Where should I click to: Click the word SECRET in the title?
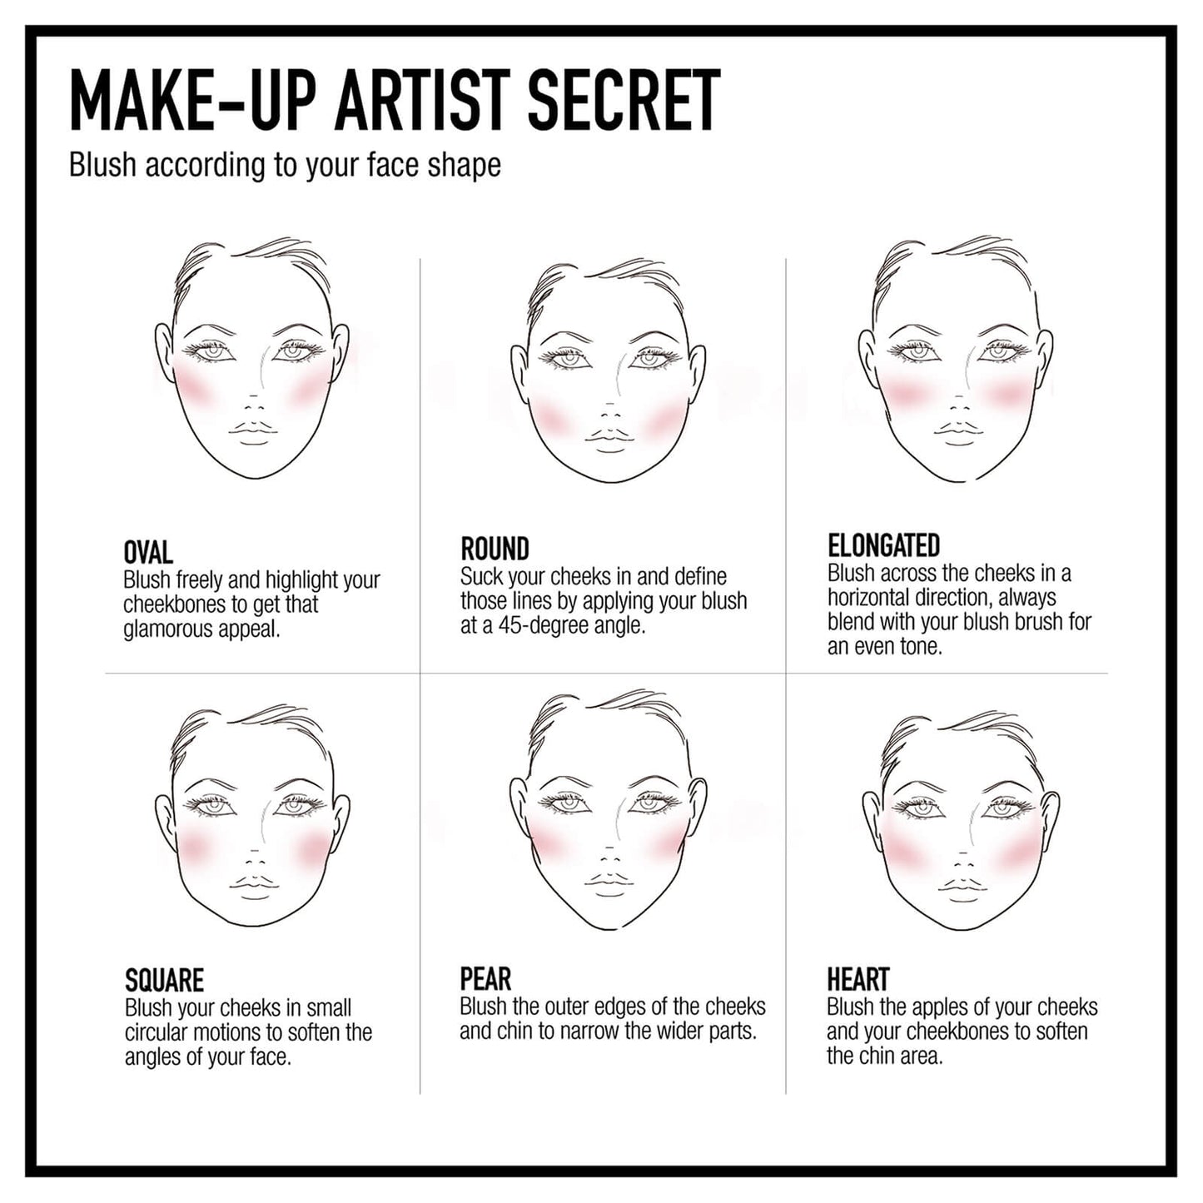point(624,101)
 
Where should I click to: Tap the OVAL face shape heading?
point(148,553)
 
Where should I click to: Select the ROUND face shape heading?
point(495,549)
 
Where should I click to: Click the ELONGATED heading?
point(883,546)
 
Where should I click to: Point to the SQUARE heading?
point(164,981)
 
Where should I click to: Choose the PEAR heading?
point(485,979)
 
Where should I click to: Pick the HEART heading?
point(858,979)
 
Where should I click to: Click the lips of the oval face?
point(253,428)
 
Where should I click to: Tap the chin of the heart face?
point(962,922)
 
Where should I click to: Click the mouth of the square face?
point(253,885)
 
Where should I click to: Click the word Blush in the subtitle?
point(102,165)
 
